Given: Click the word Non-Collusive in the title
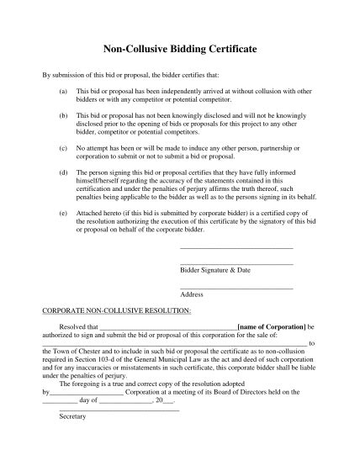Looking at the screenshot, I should (x=137, y=50).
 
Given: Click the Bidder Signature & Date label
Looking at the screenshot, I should (x=215, y=270).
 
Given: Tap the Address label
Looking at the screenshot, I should (x=193, y=294).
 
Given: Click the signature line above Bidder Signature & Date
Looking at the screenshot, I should (x=236, y=264).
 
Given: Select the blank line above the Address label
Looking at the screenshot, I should (x=236, y=289).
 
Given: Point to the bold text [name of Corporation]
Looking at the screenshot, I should (x=272, y=325).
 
